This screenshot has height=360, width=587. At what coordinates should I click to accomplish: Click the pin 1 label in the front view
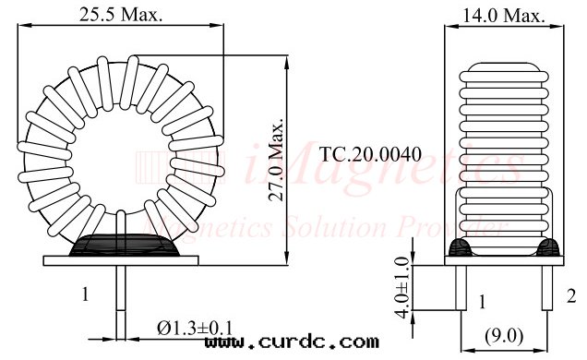(85, 295)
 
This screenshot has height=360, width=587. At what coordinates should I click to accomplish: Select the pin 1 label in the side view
(482, 302)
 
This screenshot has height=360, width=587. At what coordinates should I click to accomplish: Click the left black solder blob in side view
(460, 246)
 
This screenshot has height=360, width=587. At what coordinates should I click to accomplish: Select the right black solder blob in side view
(548, 246)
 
